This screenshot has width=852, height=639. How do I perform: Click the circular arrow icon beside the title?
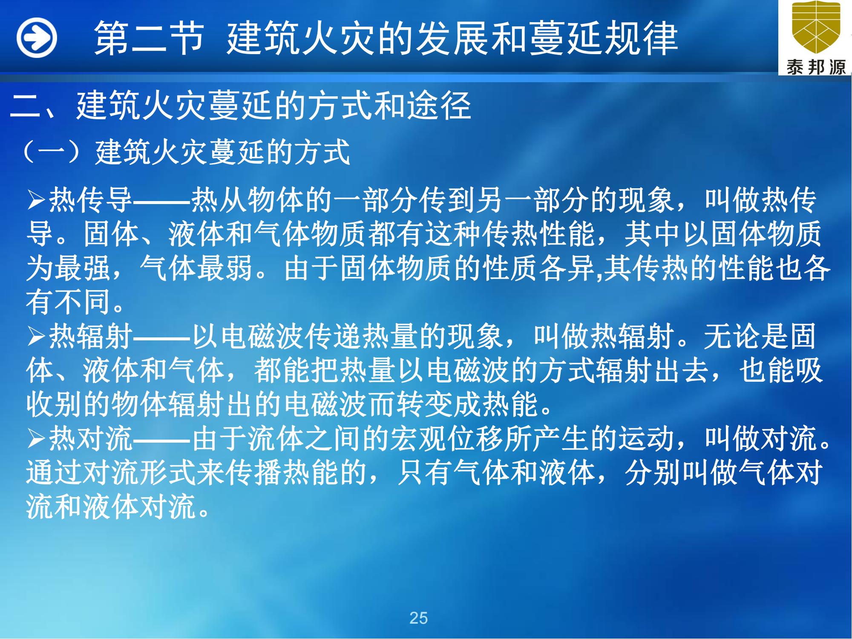37,38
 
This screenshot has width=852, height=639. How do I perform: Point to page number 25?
418,618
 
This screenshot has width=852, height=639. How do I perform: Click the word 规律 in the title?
641,38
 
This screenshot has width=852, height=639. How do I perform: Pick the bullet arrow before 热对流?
37,439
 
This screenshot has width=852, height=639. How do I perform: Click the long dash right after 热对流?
162,439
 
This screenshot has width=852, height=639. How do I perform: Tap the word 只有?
425,473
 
